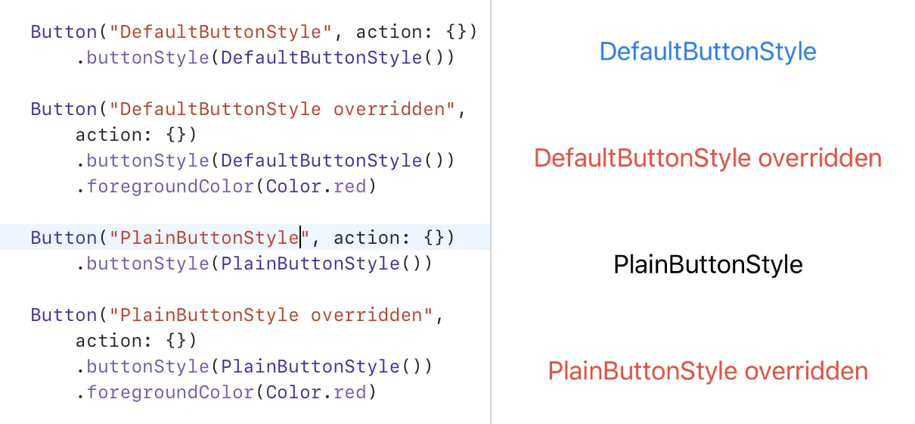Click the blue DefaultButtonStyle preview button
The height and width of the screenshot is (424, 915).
(708, 52)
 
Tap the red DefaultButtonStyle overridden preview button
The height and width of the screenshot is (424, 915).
(708, 158)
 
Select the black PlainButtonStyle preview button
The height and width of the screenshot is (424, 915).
(708, 264)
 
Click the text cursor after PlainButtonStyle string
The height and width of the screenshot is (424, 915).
(301, 237)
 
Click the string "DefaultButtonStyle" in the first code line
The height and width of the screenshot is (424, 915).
(221, 32)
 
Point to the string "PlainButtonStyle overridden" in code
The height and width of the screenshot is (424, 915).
(271, 315)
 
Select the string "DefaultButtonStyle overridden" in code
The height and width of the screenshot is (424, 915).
(282, 109)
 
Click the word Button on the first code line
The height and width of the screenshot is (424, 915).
(64, 32)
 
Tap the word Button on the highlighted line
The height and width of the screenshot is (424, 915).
(64, 238)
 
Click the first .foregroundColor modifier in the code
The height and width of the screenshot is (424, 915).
(165, 186)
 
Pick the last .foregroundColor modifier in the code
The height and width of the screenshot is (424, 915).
(165, 392)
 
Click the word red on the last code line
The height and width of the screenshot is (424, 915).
(349, 392)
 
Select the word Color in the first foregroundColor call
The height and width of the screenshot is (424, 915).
(293, 186)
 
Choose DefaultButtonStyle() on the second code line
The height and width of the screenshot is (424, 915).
(337, 58)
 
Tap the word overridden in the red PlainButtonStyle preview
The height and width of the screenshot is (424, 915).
(806, 371)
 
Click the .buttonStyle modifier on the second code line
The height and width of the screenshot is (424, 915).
(143, 58)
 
